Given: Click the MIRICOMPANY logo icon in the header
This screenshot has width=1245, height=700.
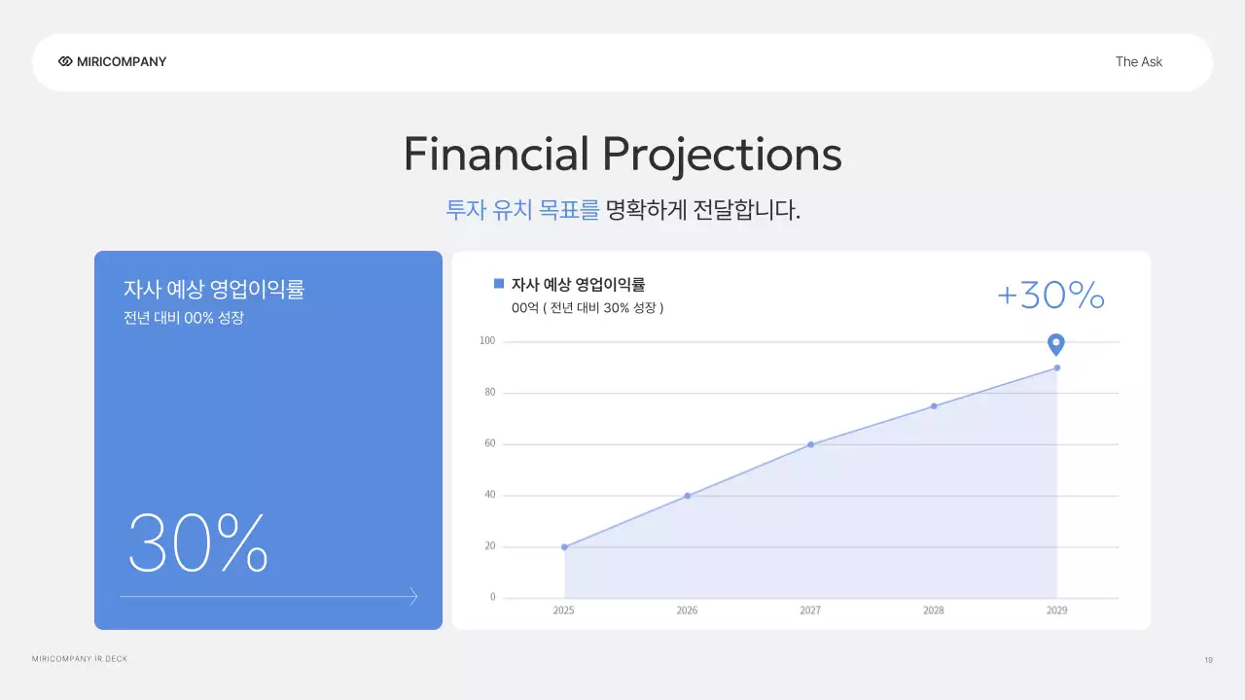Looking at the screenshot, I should coord(65,61).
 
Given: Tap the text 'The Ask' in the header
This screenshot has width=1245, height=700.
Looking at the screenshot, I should coord(1138,61).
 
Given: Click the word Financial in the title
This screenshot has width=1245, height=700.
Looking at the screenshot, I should coord(496,155).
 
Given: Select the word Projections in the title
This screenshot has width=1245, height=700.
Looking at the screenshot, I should coord(722,155).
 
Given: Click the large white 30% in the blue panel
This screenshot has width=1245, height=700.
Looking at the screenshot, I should coord(197,542).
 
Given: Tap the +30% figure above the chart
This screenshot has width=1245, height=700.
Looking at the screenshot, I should coord(1050,295).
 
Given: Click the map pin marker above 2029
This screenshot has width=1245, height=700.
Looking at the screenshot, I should coord(1056,344).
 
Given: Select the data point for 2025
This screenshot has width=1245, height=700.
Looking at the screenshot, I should coord(564,546).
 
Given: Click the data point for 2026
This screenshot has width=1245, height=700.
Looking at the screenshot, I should coord(688,496).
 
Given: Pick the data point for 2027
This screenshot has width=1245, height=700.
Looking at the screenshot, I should coord(810,444).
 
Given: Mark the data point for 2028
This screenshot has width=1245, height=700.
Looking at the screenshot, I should coord(934,405).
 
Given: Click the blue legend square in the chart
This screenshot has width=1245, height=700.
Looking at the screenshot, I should coord(499,284).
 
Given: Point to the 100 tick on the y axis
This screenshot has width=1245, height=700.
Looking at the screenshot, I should coord(487,341).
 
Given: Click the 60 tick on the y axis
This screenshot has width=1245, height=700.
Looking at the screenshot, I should coord(490,443).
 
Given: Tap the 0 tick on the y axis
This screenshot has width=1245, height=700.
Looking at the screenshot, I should coord(492,597).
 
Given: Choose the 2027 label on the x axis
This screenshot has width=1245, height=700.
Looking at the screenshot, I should coord(810,611).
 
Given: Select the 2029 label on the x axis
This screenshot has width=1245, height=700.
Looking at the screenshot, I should coord(1056,611).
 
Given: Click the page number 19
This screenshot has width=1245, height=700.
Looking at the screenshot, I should coord(1208,660).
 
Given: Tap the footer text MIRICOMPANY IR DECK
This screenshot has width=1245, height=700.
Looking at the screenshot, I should coord(80,659).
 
